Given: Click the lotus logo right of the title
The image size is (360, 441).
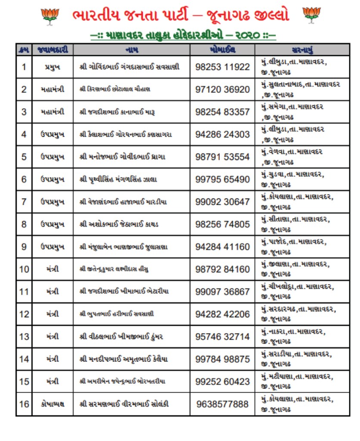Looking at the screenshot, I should (311, 16).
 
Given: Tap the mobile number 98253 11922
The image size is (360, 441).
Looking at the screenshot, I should (222, 67).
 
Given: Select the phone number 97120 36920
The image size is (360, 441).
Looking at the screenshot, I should (222, 90).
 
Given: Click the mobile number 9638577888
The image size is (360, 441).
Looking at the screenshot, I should (222, 404).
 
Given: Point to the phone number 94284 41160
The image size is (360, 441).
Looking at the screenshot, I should (222, 247).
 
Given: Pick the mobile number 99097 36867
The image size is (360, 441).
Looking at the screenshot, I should (222, 292).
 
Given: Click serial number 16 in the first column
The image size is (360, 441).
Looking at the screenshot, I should (24, 404).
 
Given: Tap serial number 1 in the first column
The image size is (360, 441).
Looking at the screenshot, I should (24, 67).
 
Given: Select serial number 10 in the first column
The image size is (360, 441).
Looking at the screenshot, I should (24, 269).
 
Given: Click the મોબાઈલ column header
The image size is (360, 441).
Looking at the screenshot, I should (222, 49).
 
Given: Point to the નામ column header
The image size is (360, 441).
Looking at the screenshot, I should (131, 49).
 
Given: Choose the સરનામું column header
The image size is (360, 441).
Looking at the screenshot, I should (302, 49).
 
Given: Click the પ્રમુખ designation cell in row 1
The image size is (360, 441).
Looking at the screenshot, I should (53, 67).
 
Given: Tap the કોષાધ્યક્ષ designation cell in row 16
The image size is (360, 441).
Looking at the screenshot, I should (53, 404).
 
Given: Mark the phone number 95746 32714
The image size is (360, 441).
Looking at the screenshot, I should (222, 336).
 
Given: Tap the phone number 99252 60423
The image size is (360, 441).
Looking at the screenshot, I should (222, 382).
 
